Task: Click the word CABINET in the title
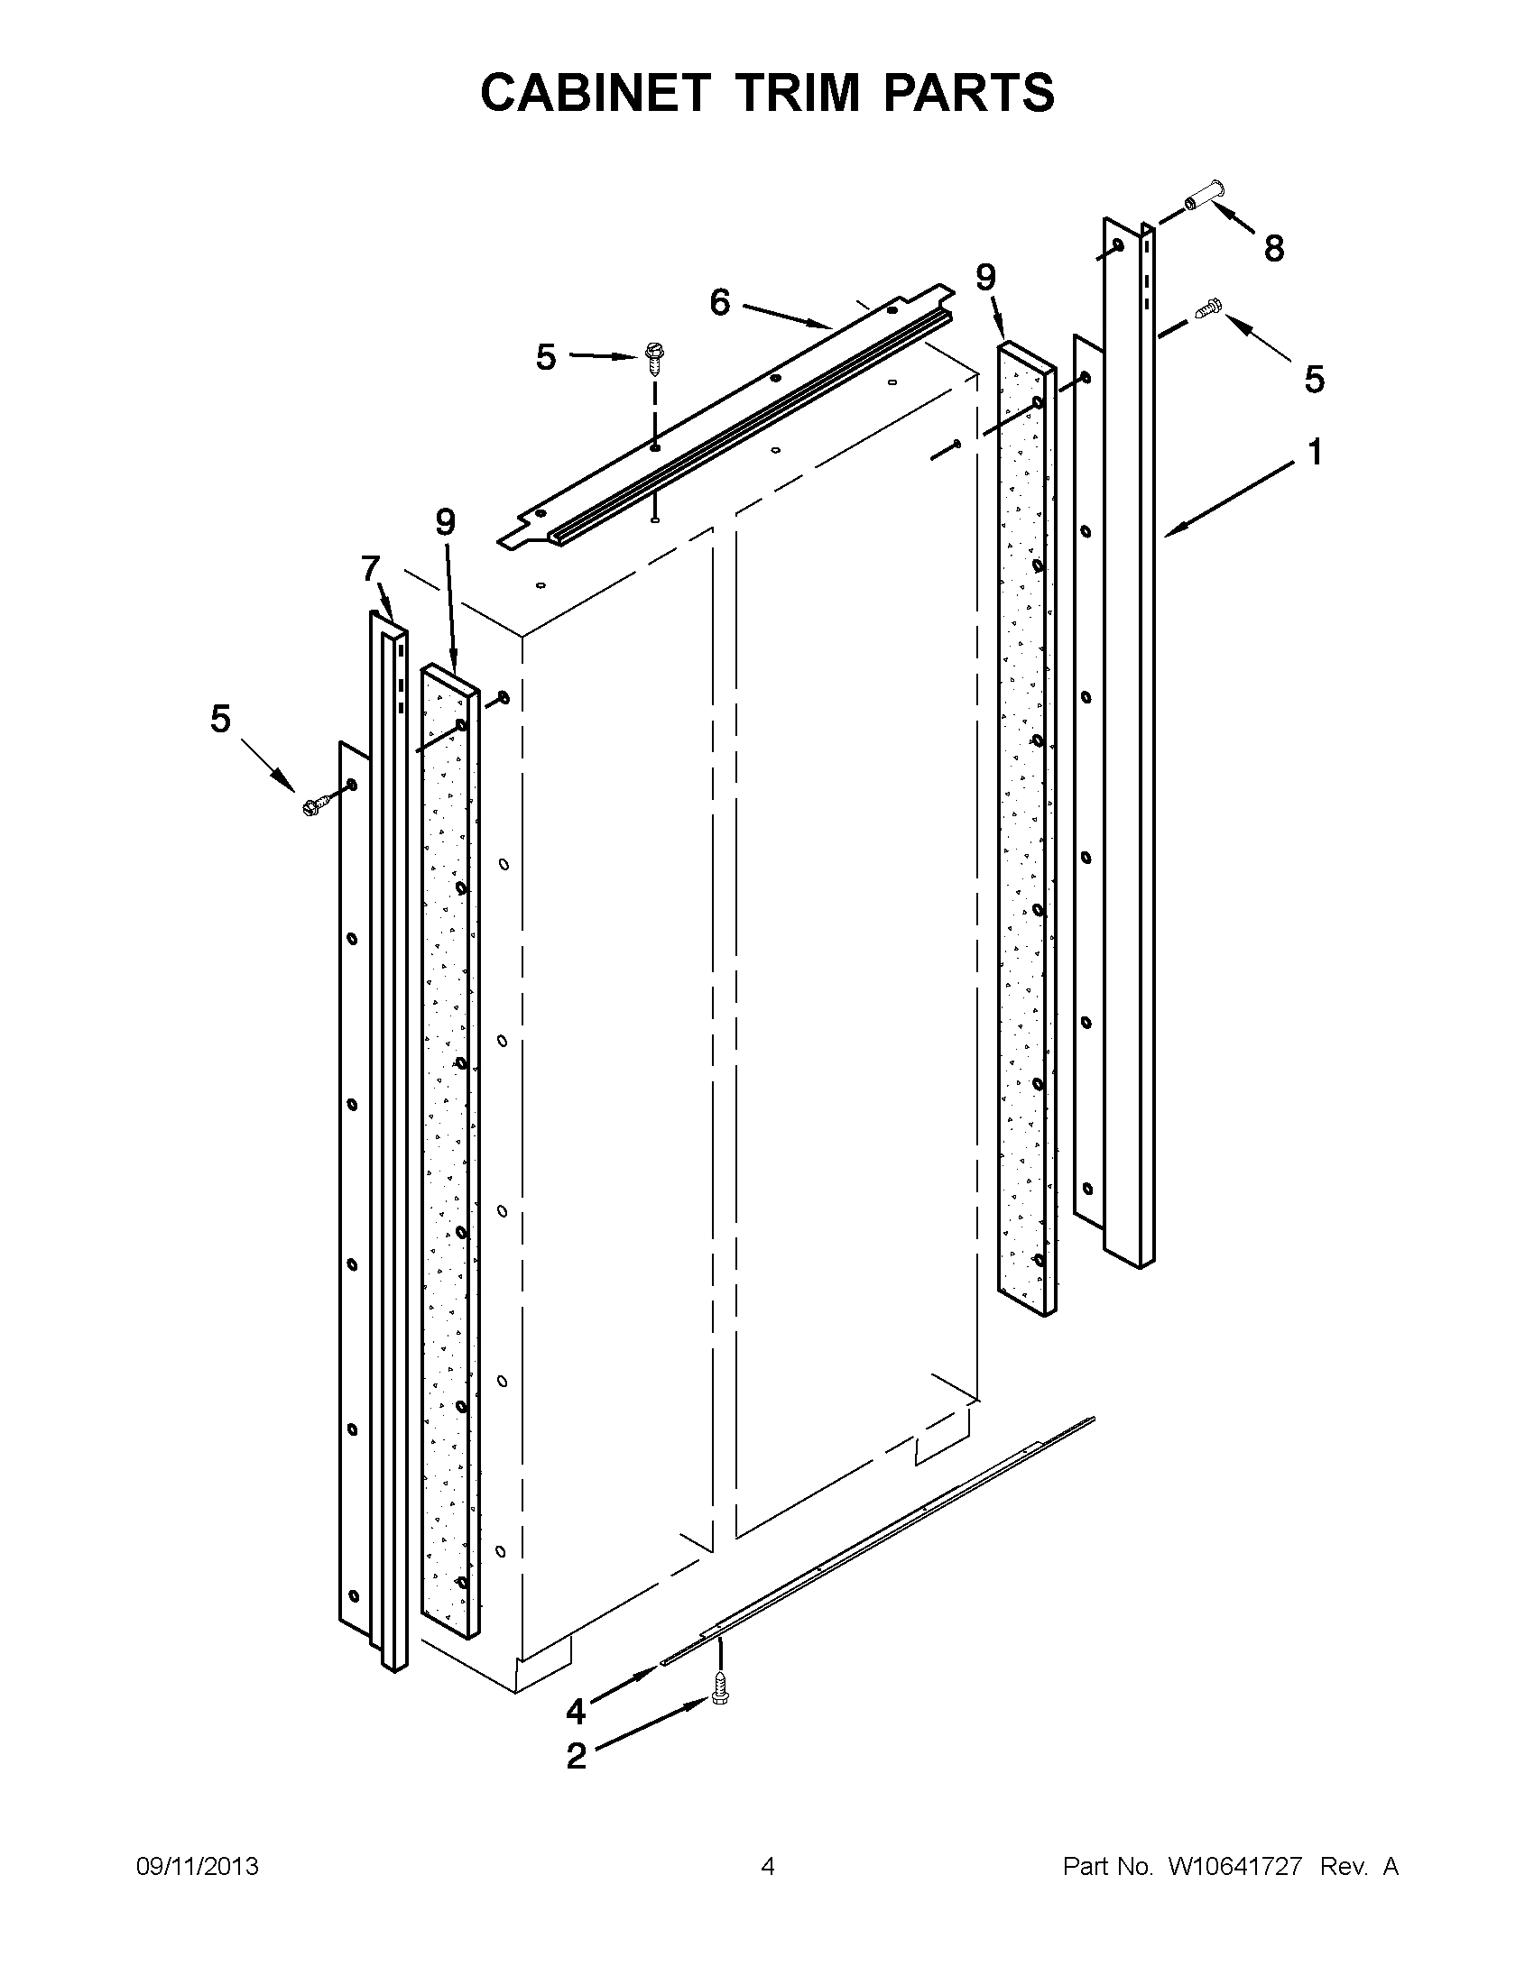[x=595, y=93]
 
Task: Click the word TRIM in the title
[x=799, y=93]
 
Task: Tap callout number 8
[x=1274, y=248]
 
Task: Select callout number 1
[x=1315, y=452]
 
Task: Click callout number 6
[x=719, y=303]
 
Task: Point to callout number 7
[x=369, y=569]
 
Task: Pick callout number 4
[x=575, y=1713]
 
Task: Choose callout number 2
[x=576, y=1757]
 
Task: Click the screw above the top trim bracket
[x=652, y=357]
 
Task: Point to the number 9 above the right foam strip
[x=986, y=276]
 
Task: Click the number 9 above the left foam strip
[x=445, y=522]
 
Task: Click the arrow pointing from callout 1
[x=1227, y=499]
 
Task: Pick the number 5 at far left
[x=220, y=719]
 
